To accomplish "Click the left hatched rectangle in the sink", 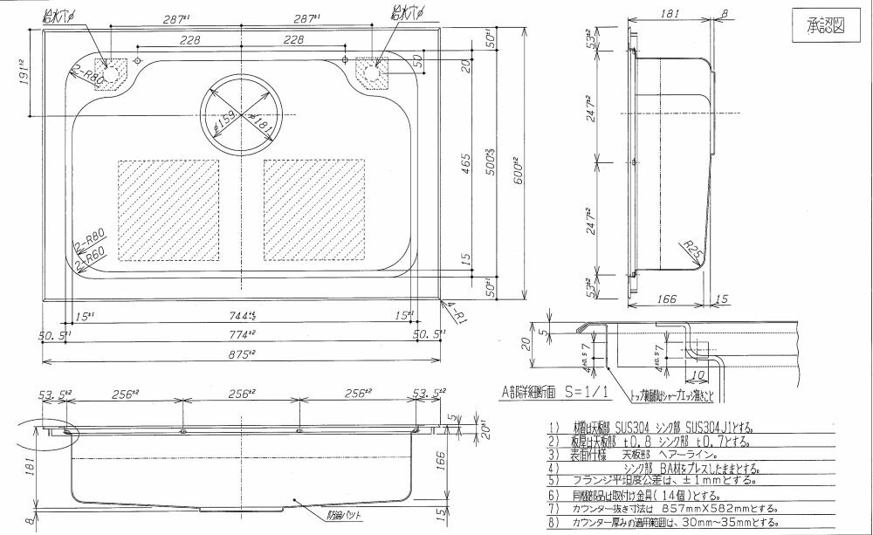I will pos(168,209).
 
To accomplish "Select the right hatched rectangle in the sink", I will pos(314,209).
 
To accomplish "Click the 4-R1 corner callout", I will pos(452,308).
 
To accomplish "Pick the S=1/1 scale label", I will pos(586,394).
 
